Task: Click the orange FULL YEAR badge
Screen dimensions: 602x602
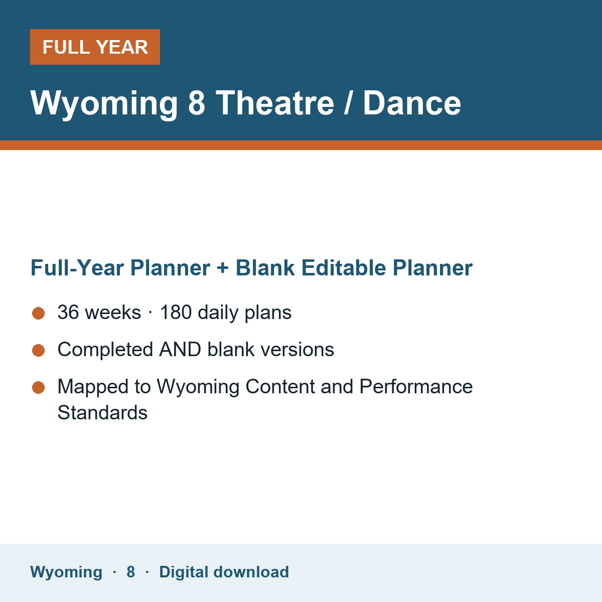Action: [x=95, y=47]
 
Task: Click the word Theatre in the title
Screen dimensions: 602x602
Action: [x=275, y=103]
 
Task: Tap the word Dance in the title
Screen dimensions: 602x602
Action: [x=412, y=103]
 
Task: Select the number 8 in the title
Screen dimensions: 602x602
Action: [x=197, y=103]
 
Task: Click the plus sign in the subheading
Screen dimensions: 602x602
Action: [x=222, y=268]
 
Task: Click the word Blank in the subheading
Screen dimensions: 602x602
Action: [x=265, y=268]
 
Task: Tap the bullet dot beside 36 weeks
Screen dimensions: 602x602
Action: [x=39, y=313]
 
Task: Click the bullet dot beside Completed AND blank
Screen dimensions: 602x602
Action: [x=39, y=350]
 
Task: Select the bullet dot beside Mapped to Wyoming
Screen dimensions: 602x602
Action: [x=39, y=387]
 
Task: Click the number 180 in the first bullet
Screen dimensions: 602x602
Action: [x=176, y=312]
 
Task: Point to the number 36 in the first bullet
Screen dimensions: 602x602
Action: [x=68, y=312]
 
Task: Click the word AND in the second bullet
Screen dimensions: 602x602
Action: [x=180, y=349]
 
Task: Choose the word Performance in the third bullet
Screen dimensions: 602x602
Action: [x=416, y=386]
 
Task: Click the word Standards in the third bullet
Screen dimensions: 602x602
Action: [x=102, y=412]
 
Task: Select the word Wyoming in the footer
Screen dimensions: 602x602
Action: [x=66, y=572]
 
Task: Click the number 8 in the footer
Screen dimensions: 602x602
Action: [x=130, y=572]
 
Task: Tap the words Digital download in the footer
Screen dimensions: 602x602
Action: [x=224, y=572]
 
